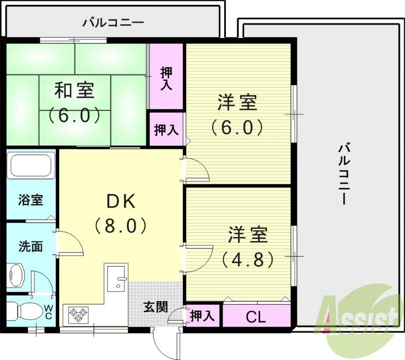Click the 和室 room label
tap(74, 91)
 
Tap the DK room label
tap(120, 202)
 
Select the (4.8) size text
tap(248, 259)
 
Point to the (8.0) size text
tap(120, 224)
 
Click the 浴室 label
tap(30, 199)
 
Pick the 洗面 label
tap(30, 247)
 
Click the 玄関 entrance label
tap(155, 306)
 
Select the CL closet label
tap(256, 317)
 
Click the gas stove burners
tap(78, 314)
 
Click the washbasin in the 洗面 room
tap(17, 275)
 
